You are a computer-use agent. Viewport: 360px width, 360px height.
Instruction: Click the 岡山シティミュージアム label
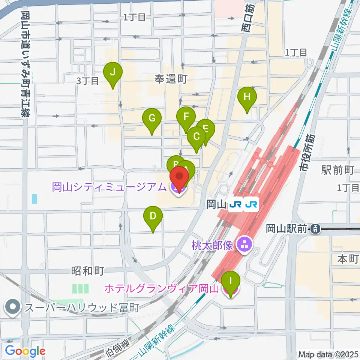tap(109, 186)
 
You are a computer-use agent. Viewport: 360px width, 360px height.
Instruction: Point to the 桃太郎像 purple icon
tap(247, 246)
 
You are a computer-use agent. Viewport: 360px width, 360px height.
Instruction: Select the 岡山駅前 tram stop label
tap(287, 228)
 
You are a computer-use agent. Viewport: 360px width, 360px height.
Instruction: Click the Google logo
tap(25, 351)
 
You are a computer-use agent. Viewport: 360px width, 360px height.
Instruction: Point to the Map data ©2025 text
tap(328, 354)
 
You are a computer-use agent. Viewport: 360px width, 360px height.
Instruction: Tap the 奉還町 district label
tap(171, 79)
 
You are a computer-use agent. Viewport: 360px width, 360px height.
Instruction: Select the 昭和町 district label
tap(87, 271)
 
